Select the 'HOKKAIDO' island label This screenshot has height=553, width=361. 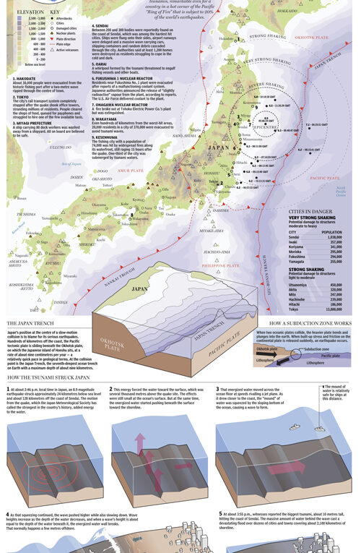click(x=287, y=11)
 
